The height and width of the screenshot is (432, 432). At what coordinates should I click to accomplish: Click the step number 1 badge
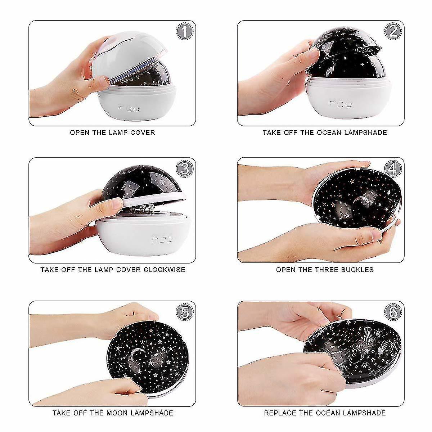tap(184, 32)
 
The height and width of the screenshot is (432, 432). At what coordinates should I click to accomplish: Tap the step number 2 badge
tap(393, 32)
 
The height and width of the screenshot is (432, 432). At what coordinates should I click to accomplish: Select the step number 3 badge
tap(184, 169)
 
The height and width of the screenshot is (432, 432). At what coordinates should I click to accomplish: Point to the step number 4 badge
tap(393, 169)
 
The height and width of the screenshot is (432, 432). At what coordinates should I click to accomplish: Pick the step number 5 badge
tap(184, 312)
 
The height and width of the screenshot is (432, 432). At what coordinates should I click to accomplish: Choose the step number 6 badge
tap(393, 312)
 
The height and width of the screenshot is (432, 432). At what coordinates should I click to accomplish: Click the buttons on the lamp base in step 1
tap(129, 108)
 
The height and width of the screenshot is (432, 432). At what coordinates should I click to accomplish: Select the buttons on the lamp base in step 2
tap(340, 104)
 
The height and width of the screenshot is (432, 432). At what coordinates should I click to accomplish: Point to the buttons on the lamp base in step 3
tap(162, 239)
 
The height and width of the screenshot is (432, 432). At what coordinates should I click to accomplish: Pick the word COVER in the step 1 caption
tap(143, 132)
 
